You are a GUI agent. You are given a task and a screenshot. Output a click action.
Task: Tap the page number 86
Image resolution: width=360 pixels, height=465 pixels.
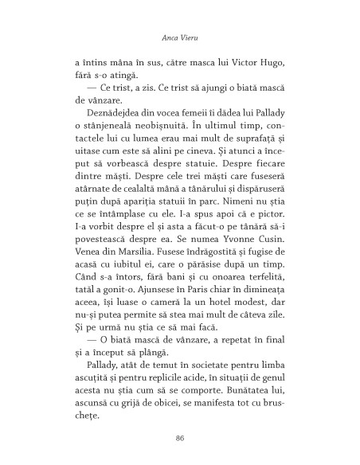(x=180, y=436)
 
